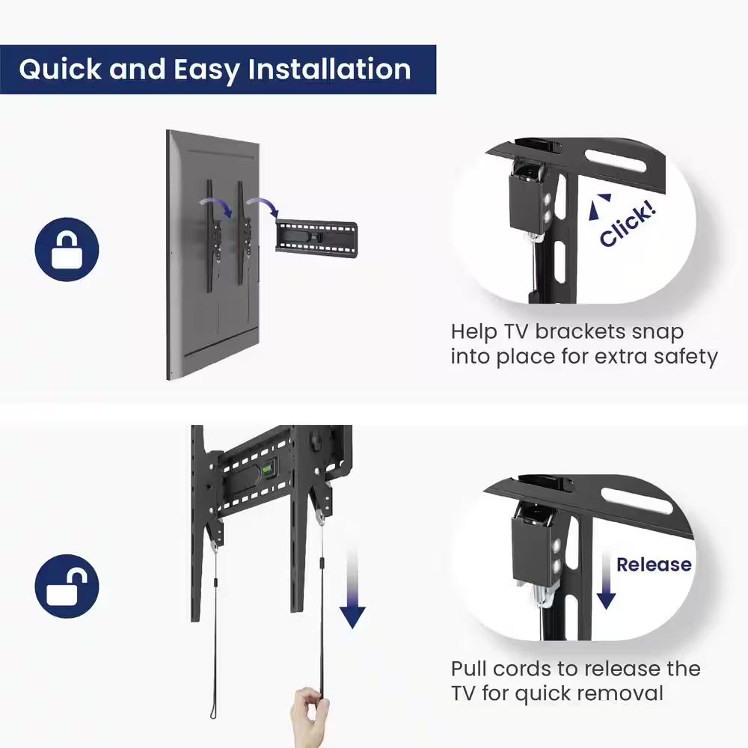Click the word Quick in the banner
coord(60,70)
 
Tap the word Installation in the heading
coord(329,69)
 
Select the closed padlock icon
coord(67,249)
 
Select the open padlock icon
coord(67,586)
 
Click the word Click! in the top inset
coord(628,223)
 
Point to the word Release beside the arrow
coord(654,564)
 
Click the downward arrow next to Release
coord(606,581)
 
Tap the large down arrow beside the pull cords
coord(352,589)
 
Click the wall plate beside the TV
coord(316,236)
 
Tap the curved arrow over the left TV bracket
coord(216,207)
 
